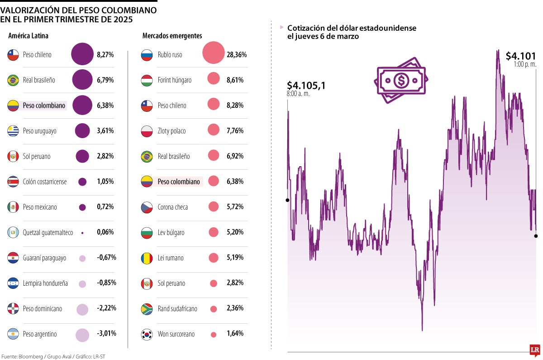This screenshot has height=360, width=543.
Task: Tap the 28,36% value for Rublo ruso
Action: coord(237,55)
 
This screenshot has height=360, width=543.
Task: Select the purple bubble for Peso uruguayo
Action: coord(82,131)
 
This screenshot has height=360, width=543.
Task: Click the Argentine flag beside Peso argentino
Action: coord(13,334)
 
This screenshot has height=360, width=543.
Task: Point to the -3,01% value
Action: coord(106,334)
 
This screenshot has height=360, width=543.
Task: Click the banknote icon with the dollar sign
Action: coord(400,80)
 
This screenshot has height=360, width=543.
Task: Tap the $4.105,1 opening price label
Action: coord(306,85)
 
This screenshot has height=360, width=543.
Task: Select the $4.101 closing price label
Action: coord(520,56)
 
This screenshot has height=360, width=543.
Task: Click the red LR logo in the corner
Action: coord(535,350)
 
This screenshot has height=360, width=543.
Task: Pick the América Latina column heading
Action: coord(28,36)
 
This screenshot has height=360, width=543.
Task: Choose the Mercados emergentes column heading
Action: coord(172,36)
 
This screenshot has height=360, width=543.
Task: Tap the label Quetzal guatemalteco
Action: coord(48,232)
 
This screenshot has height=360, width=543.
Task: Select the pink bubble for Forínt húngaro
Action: coord(214,80)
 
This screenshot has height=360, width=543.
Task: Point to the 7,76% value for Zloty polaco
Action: coord(235,131)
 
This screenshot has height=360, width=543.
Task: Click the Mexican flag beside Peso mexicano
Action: coord(13,207)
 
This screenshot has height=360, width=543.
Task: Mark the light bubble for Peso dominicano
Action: coord(82,309)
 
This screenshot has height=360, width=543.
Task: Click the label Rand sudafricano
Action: coord(177,309)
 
